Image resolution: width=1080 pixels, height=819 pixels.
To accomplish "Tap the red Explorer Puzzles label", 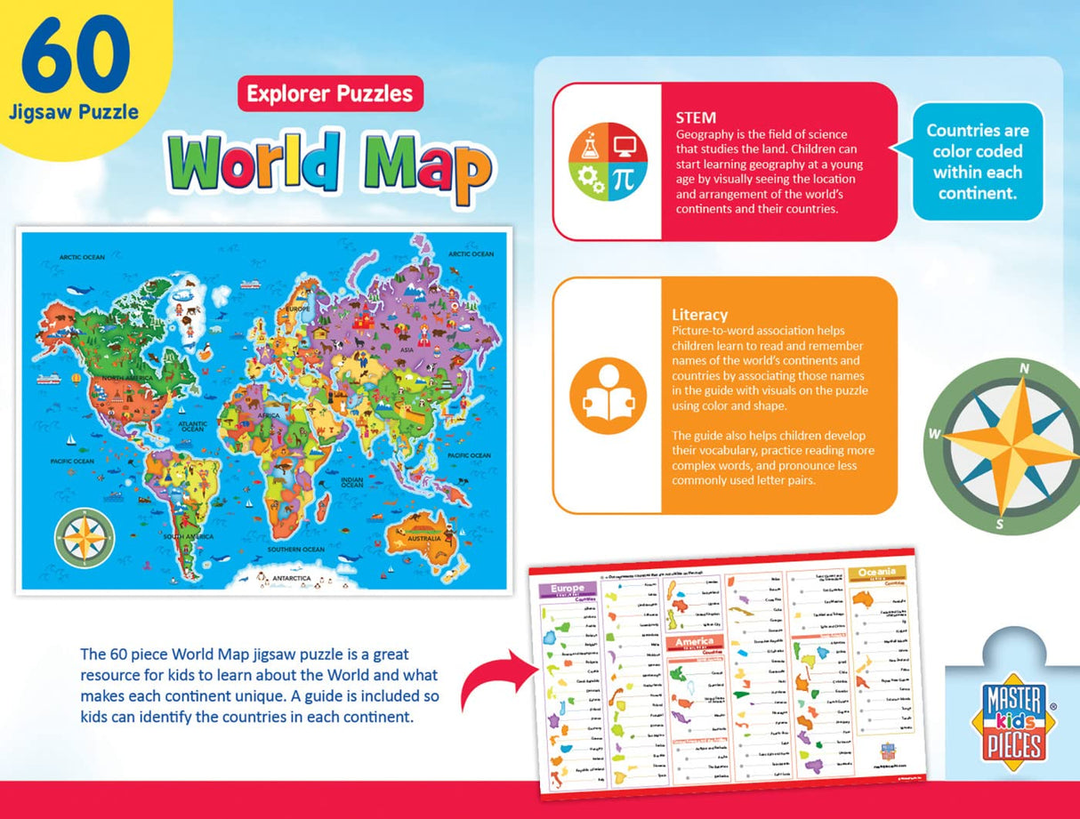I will pyautogui.click(x=329, y=93).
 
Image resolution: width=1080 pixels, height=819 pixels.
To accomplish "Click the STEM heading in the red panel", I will pyautogui.click(x=695, y=117).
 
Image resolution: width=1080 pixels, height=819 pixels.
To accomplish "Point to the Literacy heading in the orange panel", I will pyautogui.click(x=699, y=315).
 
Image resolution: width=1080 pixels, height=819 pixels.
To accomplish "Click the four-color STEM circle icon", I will pyautogui.click(x=608, y=162).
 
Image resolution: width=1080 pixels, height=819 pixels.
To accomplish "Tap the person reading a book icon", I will pyautogui.click(x=608, y=395).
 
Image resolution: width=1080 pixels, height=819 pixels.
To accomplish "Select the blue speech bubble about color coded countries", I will pyautogui.click(x=977, y=161).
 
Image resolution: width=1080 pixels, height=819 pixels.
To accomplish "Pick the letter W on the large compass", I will pyautogui.click(x=934, y=434).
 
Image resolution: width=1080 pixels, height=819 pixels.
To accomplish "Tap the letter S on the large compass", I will pyautogui.click(x=999, y=525).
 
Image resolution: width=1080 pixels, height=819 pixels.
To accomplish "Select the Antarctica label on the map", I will pyautogui.click(x=289, y=578).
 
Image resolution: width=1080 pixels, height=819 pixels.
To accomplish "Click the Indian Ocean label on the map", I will pyautogui.click(x=351, y=482).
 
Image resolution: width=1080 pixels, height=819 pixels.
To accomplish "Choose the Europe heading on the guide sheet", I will pyautogui.click(x=568, y=589).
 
